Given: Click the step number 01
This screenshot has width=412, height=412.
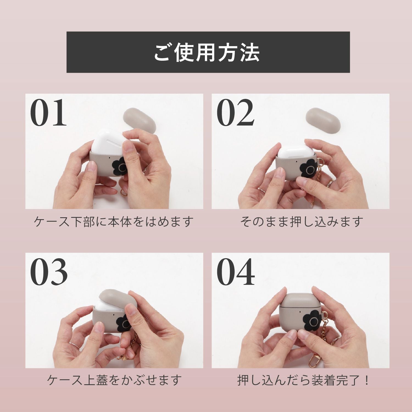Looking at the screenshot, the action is [48, 113].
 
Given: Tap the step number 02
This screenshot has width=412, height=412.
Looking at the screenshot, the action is [235, 113].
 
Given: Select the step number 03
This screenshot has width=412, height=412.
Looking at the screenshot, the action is [49, 272].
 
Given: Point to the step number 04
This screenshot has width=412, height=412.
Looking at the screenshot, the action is [236, 272].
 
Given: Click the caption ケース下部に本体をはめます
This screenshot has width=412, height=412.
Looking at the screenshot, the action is [114, 222].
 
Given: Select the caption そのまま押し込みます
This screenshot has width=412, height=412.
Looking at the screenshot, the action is [302, 222].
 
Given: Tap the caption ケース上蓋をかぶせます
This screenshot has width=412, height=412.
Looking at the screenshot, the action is [114, 380].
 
